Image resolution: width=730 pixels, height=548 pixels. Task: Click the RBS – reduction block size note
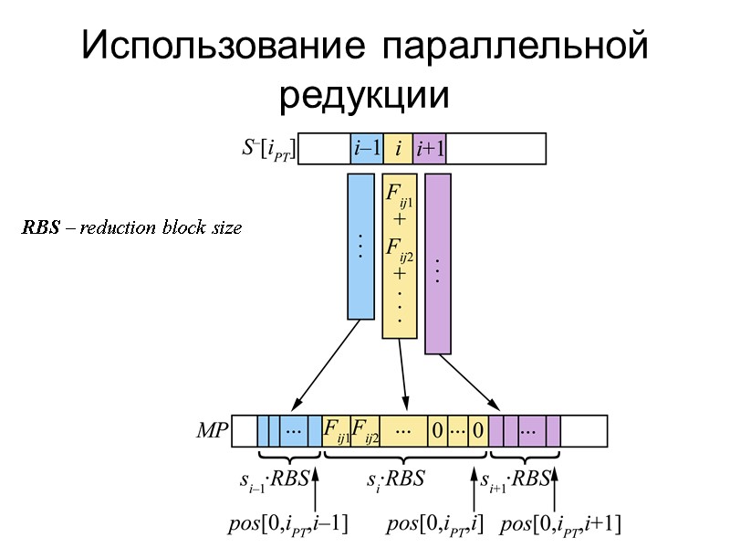click(x=132, y=227)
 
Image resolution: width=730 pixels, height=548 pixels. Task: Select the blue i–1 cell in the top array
click(x=367, y=148)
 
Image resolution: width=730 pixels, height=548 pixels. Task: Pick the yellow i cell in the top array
click(x=398, y=148)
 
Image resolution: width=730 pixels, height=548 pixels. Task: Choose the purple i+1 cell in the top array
click(x=430, y=148)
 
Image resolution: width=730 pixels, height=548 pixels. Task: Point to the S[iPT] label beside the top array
click(x=266, y=148)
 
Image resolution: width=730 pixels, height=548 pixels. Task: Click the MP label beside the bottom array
click(x=212, y=431)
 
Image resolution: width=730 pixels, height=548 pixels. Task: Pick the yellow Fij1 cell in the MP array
click(x=337, y=430)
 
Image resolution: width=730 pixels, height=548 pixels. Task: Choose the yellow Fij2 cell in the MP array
click(x=365, y=430)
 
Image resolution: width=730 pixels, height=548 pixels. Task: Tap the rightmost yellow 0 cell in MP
click(x=478, y=430)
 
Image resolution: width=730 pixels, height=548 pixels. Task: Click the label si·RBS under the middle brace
click(x=396, y=478)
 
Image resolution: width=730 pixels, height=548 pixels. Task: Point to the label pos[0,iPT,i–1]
click(x=287, y=524)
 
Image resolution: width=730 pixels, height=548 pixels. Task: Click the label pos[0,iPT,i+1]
click(x=562, y=524)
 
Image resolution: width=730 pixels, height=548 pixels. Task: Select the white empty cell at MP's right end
click(x=583, y=430)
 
